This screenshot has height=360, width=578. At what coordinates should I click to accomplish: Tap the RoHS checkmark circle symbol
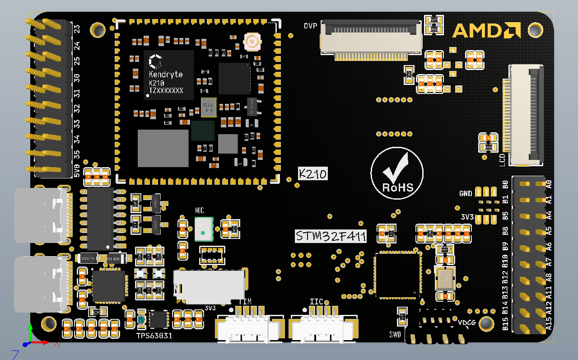(x=397, y=172)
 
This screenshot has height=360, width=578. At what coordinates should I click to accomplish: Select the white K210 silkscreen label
(x=312, y=173)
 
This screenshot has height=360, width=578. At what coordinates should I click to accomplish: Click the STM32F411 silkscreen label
(x=331, y=236)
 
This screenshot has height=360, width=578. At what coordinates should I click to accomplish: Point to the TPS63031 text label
(x=154, y=336)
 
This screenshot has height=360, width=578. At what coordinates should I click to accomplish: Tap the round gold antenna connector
(x=252, y=42)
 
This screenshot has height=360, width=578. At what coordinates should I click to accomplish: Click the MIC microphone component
(x=204, y=229)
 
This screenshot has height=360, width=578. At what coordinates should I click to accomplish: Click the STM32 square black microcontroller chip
(x=398, y=275)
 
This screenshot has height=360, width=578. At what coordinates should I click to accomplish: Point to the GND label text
(x=466, y=194)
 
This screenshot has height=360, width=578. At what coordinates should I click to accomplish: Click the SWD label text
(x=395, y=335)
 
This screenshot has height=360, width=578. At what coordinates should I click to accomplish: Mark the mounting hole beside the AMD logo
(x=535, y=30)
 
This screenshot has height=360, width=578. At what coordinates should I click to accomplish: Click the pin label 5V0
(x=77, y=171)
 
